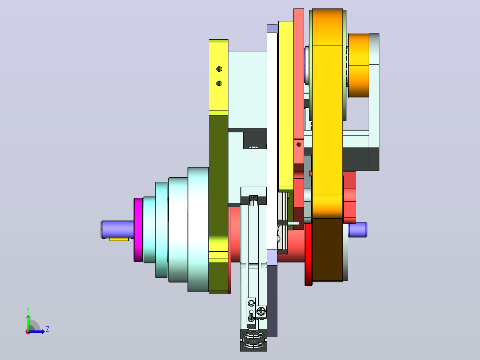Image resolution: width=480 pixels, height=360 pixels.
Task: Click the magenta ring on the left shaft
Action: [x=138, y=230]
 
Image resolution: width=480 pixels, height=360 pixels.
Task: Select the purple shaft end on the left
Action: [x=117, y=229]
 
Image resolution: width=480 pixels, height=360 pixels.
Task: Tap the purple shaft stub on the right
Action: [x=358, y=229]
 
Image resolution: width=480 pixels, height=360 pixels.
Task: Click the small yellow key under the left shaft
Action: [x=119, y=239]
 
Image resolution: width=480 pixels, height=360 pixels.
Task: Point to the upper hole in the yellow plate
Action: [x=219, y=69]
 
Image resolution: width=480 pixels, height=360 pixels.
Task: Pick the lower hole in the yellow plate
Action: [x=219, y=83]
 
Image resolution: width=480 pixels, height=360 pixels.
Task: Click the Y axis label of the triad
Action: [x=28, y=310]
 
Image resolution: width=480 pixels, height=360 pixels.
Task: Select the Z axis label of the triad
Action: [x=48, y=329]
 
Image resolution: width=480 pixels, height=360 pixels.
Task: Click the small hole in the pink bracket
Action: [x=299, y=144]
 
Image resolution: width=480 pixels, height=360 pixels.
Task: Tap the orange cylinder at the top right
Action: [x=358, y=65]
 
